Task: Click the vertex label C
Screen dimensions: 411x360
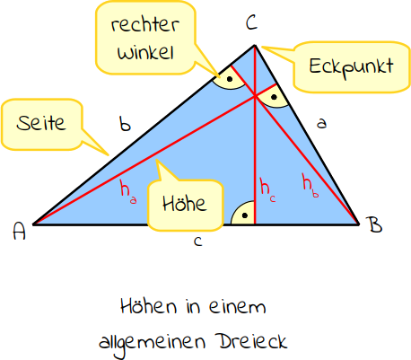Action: [x=251, y=22]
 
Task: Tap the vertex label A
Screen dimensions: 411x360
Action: [x=20, y=231]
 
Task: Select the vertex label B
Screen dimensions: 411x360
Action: [x=375, y=224]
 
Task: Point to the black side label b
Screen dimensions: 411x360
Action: [x=125, y=124]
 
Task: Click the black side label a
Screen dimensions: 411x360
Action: [x=321, y=123]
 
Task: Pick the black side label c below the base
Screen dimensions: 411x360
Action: [x=198, y=241]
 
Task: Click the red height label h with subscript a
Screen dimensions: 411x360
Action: [x=128, y=191]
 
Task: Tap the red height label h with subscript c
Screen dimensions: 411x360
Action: [x=268, y=189]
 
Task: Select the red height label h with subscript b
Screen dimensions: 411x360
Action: [x=310, y=186]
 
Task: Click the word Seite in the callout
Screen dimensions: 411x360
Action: [x=41, y=123]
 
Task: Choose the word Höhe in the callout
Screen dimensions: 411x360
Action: [x=185, y=204]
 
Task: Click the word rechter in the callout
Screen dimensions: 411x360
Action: [x=145, y=24]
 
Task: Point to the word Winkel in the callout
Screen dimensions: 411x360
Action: [x=145, y=52]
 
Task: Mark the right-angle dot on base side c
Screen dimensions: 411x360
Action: [x=245, y=215]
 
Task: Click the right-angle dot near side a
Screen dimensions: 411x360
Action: [x=274, y=97]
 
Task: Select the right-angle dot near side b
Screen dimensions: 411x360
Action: [x=230, y=79]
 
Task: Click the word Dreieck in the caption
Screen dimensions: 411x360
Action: [x=253, y=341]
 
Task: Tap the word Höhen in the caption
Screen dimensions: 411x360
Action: [x=148, y=306]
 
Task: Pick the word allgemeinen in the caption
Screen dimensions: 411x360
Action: [x=152, y=343]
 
